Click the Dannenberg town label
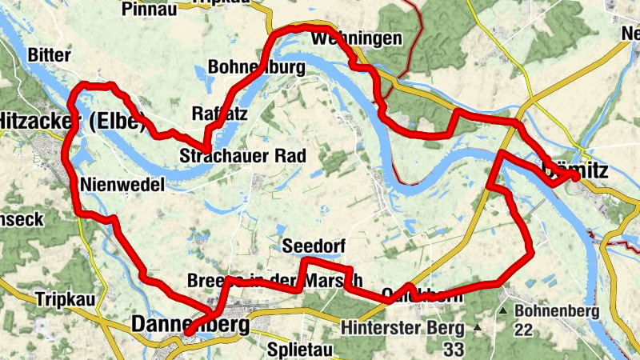coord(189,326)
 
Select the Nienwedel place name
coord(122,185)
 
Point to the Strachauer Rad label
coord(242,155)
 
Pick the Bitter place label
coord(49,55)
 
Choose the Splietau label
coord(294,350)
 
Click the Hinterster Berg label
coord(402,328)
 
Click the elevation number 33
coord(454,349)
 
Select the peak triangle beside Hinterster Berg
coord(478,328)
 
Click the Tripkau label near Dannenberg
coord(65,300)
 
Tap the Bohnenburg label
coord(256,68)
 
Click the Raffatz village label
coord(219,113)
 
